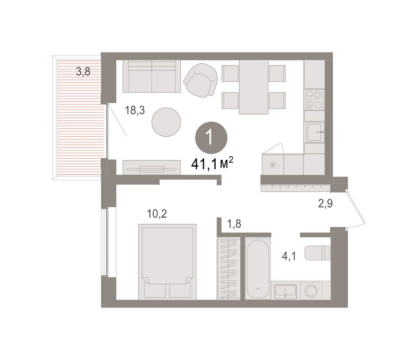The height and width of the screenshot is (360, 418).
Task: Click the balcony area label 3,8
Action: click(x=83, y=72)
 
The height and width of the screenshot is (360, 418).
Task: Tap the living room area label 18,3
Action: click(x=135, y=110)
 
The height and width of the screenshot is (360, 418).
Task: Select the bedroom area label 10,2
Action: click(x=157, y=214)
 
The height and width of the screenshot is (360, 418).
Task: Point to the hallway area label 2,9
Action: click(x=325, y=203)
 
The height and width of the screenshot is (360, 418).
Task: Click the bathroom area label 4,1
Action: click(x=289, y=257)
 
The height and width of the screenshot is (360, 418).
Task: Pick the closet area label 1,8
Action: click(x=234, y=224)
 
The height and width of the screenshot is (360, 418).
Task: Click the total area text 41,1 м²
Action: click(x=212, y=163)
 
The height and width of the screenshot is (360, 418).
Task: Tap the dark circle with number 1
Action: click(x=211, y=138)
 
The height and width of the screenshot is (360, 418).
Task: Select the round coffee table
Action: click(x=166, y=122)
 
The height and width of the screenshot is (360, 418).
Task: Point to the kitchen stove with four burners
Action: click(x=315, y=100)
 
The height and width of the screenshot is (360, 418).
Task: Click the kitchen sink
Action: click(x=315, y=132)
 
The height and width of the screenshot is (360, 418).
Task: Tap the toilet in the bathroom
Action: click(x=317, y=253)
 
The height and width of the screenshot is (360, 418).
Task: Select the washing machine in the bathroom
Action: click(x=311, y=291)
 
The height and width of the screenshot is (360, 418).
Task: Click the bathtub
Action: click(x=258, y=269)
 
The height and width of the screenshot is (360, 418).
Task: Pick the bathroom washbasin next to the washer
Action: click(x=286, y=291)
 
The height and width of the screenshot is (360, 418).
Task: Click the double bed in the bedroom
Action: click(x=167, y=262)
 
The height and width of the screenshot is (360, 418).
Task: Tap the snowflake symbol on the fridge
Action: click(x=273, y=165)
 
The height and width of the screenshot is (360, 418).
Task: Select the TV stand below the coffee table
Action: click(x=152, y=167)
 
